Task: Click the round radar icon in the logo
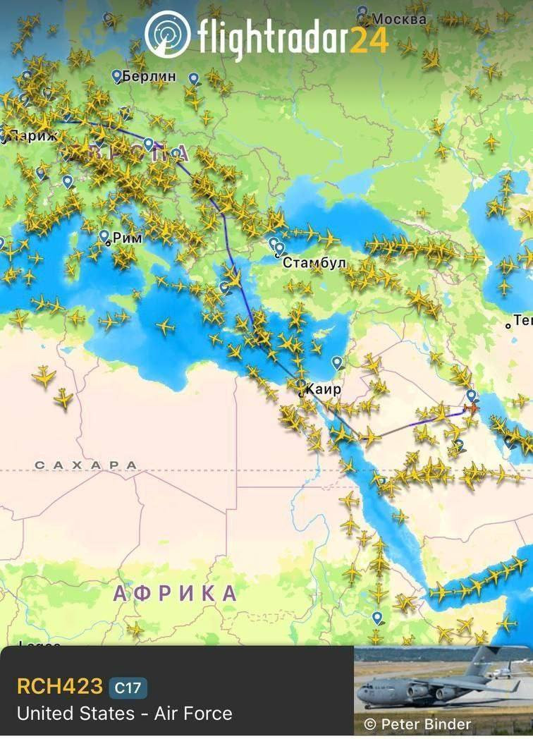[167, 33]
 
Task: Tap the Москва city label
[399, 19]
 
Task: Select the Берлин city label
[150, 75]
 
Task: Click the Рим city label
[128, 238]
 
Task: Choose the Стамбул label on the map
[314, 262]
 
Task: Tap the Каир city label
[324, 389]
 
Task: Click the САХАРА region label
[86, 465]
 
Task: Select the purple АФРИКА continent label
[175, 593]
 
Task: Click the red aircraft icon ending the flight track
[472, 408]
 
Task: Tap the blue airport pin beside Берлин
[117, 75]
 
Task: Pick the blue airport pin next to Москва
[362, 13]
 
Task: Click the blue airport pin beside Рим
[104, 236]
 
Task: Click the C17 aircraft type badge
[128, 687]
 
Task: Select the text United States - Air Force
[124, 713]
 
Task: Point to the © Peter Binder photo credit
[417, 723]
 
